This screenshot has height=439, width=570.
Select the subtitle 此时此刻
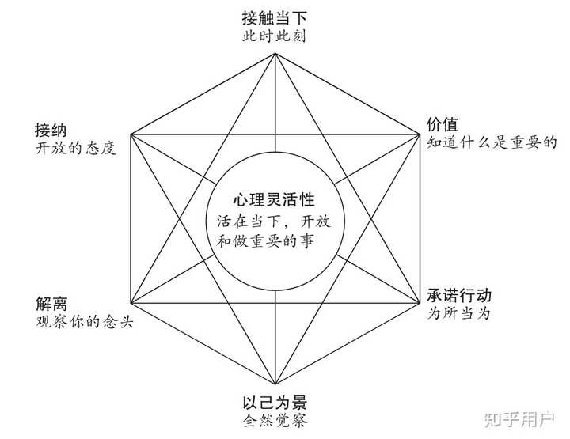click(x=275, y=36)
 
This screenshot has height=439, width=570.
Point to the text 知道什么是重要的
click(x=492, y=143)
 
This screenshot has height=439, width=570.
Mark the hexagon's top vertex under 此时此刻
click(x=275, y=52)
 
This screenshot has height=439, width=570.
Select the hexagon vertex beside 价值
click(x=419, y=134)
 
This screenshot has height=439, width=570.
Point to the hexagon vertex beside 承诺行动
click(x=419, y=304)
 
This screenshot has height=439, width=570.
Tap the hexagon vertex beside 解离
click(x=131, y=304)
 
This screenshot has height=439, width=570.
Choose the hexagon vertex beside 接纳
click(x=131, y=134)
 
